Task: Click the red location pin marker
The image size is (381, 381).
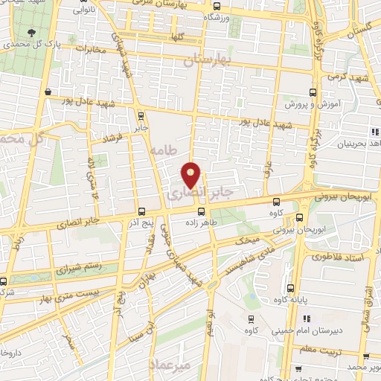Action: pos(191,175)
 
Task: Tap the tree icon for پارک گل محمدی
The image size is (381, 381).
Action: pos(31,33)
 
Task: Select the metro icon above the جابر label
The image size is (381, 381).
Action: pos(142,115)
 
